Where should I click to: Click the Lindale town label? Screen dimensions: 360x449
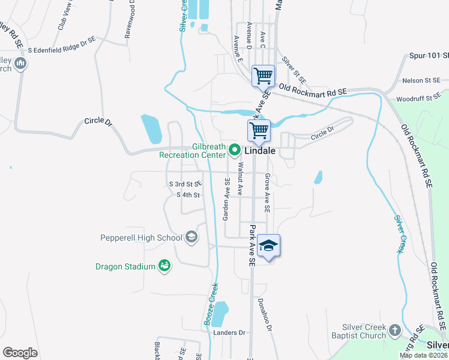[x=260, y=151]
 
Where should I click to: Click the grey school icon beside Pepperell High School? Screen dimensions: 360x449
[x=191, y=238]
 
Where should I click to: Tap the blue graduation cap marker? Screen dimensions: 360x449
[x=268, y=245]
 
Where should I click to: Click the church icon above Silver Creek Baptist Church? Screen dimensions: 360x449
[x=394, y=330]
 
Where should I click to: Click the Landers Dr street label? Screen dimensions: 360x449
[x=230, y=332]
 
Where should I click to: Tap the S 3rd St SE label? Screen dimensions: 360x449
[x=186, y=184]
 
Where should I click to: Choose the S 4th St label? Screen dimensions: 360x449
[x=187, y=195]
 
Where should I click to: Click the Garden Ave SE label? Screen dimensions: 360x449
[x=227, y=199]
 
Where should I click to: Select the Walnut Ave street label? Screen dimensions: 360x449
[x=240, y=178]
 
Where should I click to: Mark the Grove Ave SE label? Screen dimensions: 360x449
[x=267, y=193]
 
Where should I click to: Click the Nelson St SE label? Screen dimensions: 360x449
[x=421, y=80]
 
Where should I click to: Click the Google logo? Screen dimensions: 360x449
[x=20, y=353]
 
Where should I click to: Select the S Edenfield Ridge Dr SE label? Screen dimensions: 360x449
[x=61, y=44]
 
